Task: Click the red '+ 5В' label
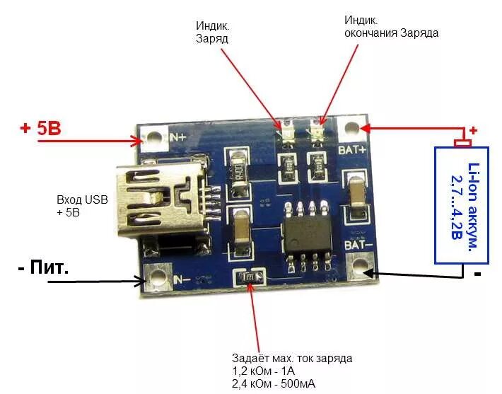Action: tap(40, 129)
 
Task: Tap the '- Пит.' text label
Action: tap(43, 268)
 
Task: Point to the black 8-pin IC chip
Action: tap(306, 232)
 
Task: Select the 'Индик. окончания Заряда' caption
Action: tap(391, 26)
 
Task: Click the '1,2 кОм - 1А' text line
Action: tap(273, 371)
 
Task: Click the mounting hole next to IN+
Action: tap(151, 137)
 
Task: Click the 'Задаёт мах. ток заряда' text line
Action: tap(292, 359)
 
